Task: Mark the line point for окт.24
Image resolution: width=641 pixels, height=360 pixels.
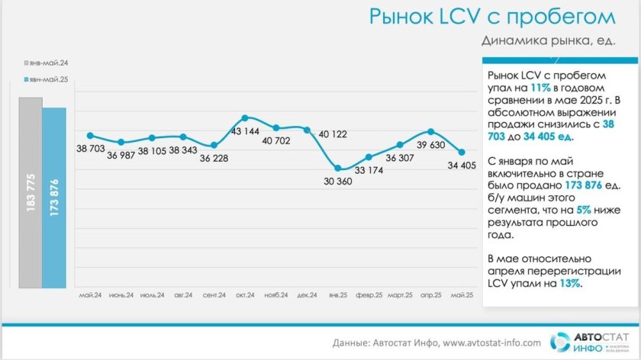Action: pos(245,118)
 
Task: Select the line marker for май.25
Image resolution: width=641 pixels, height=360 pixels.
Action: pos(462,152)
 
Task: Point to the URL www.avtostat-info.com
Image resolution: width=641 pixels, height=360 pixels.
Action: pos(491,342)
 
